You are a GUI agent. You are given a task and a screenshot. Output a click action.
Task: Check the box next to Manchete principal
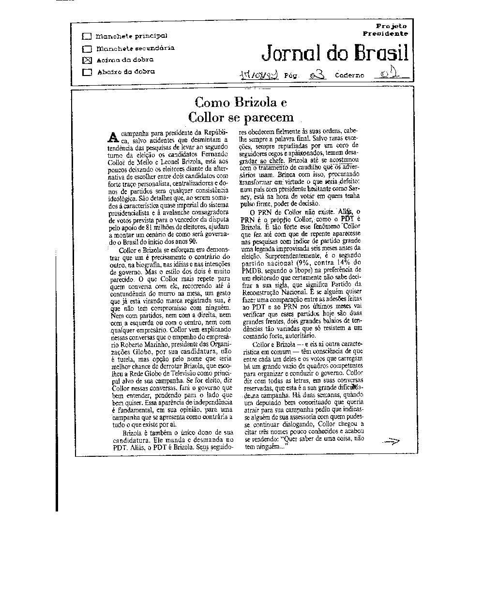point(87,36)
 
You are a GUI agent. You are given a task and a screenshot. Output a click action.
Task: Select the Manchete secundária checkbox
point(87,49)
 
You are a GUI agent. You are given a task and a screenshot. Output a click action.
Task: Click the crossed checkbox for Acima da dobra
point(87,60)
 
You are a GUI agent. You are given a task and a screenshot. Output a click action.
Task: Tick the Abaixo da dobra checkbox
point(87,72)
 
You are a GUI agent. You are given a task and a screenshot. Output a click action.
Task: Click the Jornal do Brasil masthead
point(334,54)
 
